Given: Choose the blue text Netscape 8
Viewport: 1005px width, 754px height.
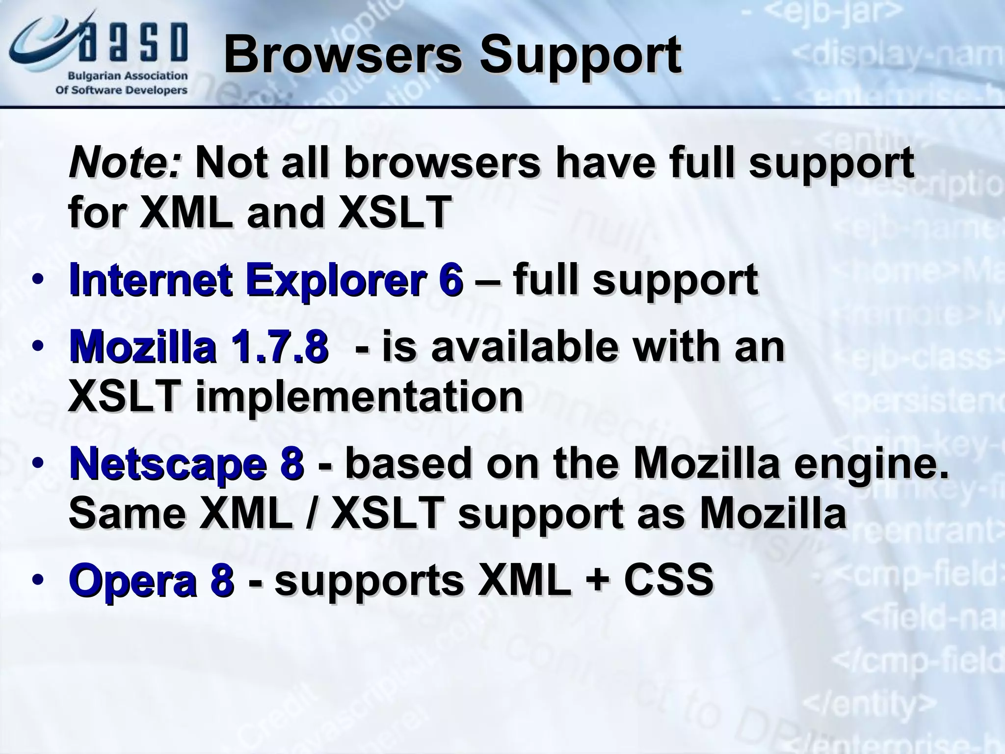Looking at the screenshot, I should [186, 463].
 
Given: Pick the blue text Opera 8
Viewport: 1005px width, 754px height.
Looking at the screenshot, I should [151, 580].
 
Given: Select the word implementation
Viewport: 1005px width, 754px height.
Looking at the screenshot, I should [359, 397].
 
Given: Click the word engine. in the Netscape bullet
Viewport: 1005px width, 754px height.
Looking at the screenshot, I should [871, 464].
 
